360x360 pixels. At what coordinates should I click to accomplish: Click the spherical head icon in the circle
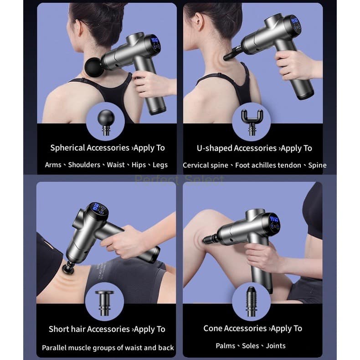point(106,123)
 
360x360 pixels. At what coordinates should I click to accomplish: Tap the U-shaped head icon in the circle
point(252,122)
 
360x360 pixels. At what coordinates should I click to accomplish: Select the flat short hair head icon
point(104,303)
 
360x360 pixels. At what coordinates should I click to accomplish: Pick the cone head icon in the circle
point(251,302)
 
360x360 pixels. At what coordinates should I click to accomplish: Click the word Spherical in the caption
point(67,148)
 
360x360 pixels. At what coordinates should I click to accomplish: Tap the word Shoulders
point(84,165)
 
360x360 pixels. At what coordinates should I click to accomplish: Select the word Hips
point(139,165)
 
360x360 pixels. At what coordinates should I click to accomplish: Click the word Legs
point(160,165)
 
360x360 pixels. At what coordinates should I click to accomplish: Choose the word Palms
point(225,346)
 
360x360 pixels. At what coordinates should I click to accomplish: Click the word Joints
point(276,346)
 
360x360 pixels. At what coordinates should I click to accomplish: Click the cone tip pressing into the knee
point(209,240)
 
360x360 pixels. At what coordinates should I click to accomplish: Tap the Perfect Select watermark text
point(179,180)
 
